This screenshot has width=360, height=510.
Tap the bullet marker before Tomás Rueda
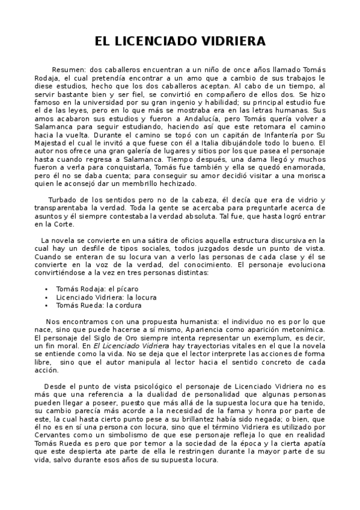pyautogui.click(x=46, y=305)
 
